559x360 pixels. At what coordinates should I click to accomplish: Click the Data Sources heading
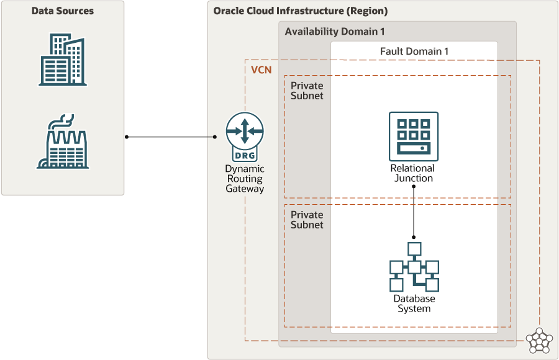(62, 11)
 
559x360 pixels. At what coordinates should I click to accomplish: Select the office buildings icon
(63, 60)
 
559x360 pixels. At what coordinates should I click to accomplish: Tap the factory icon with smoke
(63, 142)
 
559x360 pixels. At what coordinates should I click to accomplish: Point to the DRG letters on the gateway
(245, 155)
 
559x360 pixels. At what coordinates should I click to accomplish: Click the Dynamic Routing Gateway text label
(245, 179)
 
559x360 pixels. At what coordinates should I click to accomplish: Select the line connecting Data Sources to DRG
(171, 137)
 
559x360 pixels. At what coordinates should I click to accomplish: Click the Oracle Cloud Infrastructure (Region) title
(300, 11)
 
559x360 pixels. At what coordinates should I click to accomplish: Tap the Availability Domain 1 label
(335, 32)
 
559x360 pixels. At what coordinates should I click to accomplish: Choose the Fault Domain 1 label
(414, 51)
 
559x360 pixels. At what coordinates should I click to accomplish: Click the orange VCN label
(261, 70)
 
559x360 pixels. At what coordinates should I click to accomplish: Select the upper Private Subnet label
(307, 91)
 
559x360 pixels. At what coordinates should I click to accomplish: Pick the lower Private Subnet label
(307, 220)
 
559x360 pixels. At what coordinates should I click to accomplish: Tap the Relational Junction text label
(413, 173)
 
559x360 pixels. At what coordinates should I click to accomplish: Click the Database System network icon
(414, 268)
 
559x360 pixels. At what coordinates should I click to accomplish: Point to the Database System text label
(414, 304)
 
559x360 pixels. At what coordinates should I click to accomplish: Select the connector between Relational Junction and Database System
(414, 211)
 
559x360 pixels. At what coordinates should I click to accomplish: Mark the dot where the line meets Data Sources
(126, 137)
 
